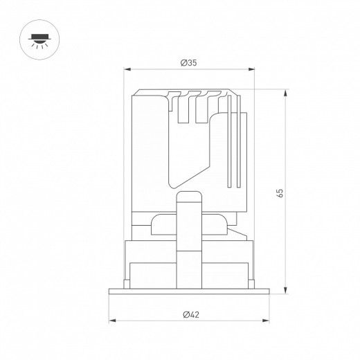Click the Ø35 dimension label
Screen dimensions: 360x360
pos(188,63)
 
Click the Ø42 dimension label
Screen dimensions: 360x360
pos(191,314)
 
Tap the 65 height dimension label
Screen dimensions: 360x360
pos(280,193)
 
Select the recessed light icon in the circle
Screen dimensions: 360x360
pos(39,41)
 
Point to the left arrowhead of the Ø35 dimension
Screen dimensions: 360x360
pos(127,69)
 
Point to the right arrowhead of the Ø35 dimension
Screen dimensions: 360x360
pos(251,69)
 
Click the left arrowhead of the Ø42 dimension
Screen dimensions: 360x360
pos(112,321)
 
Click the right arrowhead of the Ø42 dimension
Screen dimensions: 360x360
pos(266,321)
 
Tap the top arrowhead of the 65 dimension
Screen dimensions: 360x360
pos(285,93)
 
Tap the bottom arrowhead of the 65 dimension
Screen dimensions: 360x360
pos(285,290)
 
